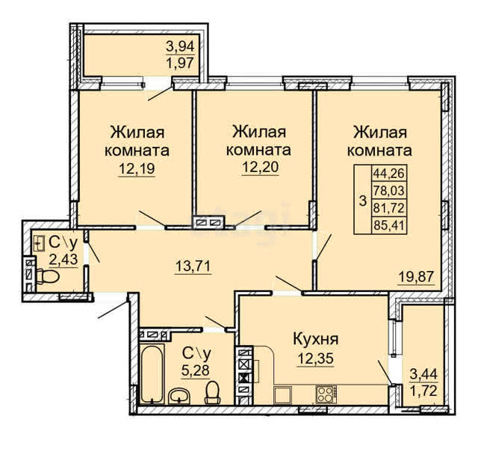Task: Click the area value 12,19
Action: point(137,168)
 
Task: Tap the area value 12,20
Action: point(261,167)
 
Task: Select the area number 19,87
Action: point(416,277)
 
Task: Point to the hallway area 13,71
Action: point(193,266)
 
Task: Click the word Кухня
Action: point(315,339)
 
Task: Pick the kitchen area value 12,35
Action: point(315,358)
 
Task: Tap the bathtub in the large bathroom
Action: point(152,374)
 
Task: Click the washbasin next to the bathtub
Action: point(179,396)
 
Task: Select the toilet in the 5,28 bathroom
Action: point(213,392)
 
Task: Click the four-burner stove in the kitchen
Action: point(326,394)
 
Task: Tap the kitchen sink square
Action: point(283,395)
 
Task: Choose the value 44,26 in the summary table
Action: point(388,174)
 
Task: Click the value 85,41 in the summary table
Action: point(388,226)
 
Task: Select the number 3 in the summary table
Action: point(363,201)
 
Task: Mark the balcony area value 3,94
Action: point(180,46)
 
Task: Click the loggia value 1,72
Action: point(423,391)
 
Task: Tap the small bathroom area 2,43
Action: point(63,260)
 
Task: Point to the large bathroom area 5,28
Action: point(196,370)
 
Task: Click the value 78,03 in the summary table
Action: point(388,191)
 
